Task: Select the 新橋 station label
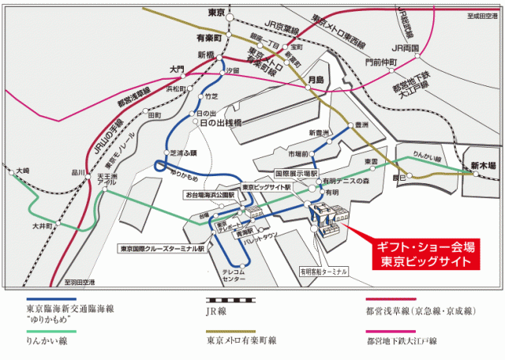click(207, 54)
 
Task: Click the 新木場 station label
click(483, 166)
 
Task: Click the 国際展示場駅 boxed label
click(295, 172)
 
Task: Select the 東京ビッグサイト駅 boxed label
click(266, 187)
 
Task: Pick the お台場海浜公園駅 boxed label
click(210, 193)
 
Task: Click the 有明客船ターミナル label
click(322, 271)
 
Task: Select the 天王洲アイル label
click(107, 178)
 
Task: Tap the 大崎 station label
click(22, 170)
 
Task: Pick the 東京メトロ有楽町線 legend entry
click(241, 341)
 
